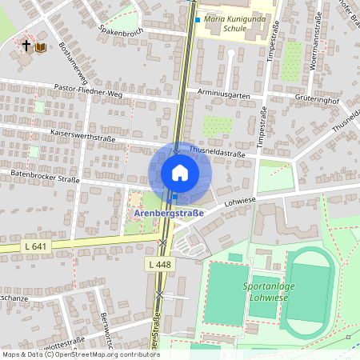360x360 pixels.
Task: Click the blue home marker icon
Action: pyautogui.click(x=180, y=173)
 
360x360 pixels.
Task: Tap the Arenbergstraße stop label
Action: pyautogui.click(x=167, y=214)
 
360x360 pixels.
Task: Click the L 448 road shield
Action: pyautogui.click(x=159, y=263)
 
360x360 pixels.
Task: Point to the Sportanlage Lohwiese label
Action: pyautogui.click(x=266, y=291)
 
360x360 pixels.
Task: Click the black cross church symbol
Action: pyautogui.click(x=26, y=46)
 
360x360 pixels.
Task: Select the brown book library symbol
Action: pyautogui.click(x=40, y=47)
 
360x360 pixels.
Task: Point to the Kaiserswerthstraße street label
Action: pyautogui.click(x=83, y=135)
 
